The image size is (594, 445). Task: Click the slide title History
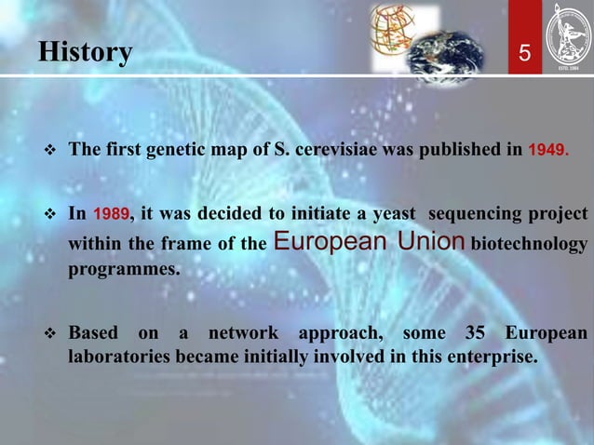click(85, 52)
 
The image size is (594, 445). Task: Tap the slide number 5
click(524, 55)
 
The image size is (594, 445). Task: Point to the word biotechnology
click(530, 245)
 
